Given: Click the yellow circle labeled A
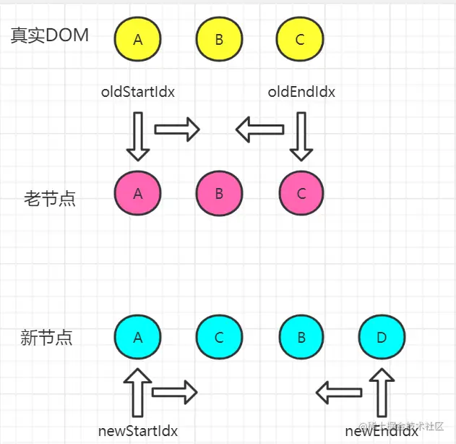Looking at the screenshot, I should point(138,40).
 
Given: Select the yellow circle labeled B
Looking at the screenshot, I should point(219,40).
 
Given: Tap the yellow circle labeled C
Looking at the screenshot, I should point(300,40).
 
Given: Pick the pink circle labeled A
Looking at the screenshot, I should point(138,193).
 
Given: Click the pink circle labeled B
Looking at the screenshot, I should point(219,195).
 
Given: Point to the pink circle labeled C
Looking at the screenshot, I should point(301,194).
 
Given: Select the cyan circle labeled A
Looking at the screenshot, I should point(138,338).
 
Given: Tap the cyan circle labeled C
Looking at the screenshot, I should point(219,338).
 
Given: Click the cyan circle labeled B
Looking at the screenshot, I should point(301,338).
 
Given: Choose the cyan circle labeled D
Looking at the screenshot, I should point(382,338).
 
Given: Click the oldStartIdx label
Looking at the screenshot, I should point(138,92).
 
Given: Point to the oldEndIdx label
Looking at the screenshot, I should point(301,92).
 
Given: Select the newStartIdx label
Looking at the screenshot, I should point(138,431).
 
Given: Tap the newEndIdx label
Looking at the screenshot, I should point(382,431).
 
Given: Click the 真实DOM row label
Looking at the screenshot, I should point(50,36).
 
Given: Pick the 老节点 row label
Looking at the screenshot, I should point(50,199).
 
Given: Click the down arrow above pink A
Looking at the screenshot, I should point(138,136).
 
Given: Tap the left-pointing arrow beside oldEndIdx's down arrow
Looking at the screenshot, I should point(259,130).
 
